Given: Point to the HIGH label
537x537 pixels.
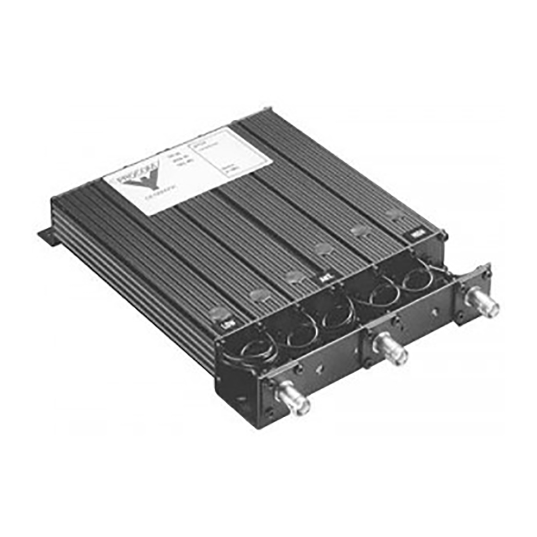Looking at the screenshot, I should (x=415, y=235).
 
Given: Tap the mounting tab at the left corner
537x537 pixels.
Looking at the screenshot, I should (x=49, y=236).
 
